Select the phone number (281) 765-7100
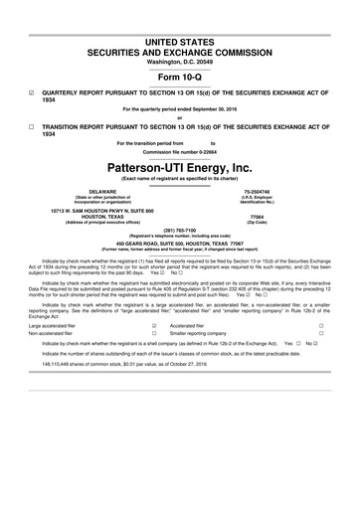[179, 234]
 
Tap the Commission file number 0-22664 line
[179, 151]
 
